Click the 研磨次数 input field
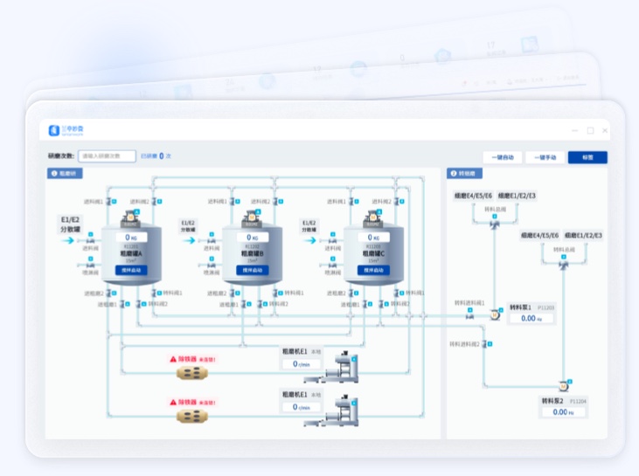[x=107, y=156]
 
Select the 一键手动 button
[x=544, y=157]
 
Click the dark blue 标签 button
[x=587, y=157]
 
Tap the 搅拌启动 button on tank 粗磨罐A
[x=131, y=271]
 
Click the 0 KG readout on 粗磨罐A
[x=131, y=237]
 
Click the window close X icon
[x=605, y=130]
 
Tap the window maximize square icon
[x=591, y=130]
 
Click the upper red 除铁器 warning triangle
[x=173, y=359]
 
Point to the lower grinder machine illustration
[x=337, y=410]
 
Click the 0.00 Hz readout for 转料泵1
[x=531, y=319]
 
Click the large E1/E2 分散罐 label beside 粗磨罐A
[x=69, y=224]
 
